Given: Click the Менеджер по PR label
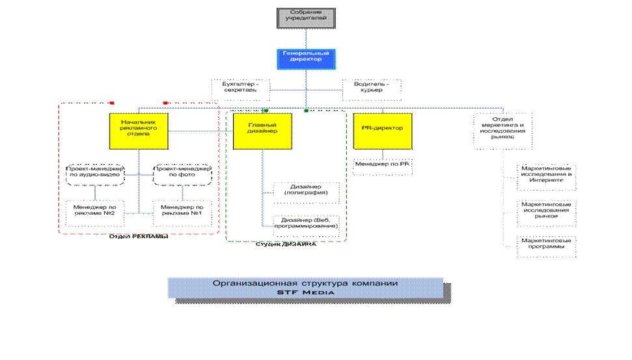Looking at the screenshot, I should (382, 166).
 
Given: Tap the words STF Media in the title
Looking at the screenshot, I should (305, 293).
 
